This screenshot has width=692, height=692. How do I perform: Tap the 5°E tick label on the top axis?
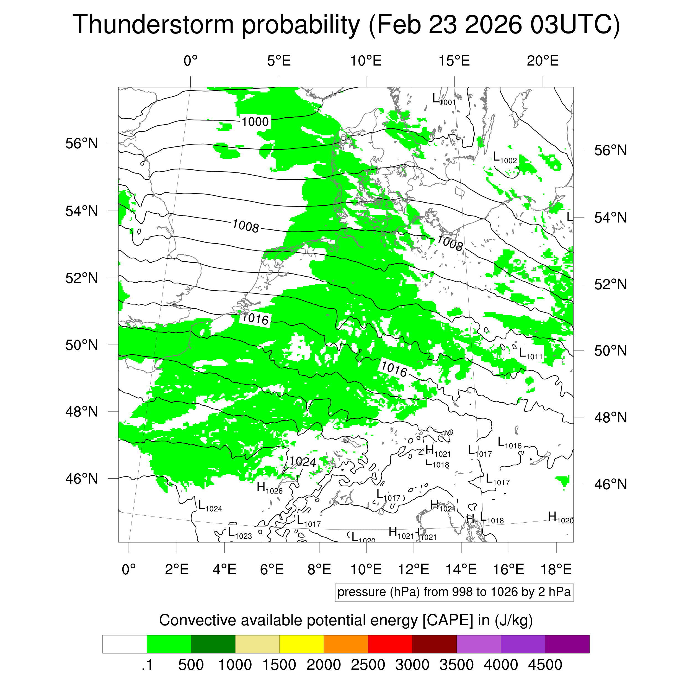(279, 61)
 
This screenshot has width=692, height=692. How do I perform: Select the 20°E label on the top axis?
(542, 61)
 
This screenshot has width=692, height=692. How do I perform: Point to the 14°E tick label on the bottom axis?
(461, 569)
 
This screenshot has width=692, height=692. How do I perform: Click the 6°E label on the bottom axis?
(272, 569)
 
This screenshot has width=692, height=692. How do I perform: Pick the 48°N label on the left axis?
(82, 412)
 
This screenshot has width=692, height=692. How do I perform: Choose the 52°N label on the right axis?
(610, 284)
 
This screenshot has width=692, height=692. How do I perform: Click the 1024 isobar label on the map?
(303, 462)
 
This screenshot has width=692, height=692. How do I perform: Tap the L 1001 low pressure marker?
(443, 99)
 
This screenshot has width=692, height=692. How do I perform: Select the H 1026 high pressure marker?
(269, 488)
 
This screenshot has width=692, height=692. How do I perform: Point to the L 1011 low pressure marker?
(530, 353)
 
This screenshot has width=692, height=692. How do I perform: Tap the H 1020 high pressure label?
(560, 518)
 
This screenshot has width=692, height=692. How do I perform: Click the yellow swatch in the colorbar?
(302, 644)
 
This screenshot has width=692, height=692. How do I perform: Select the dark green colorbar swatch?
(213, 644)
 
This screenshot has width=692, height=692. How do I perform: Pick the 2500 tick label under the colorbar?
(368, 665)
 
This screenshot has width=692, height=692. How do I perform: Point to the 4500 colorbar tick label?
(545, 665)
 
